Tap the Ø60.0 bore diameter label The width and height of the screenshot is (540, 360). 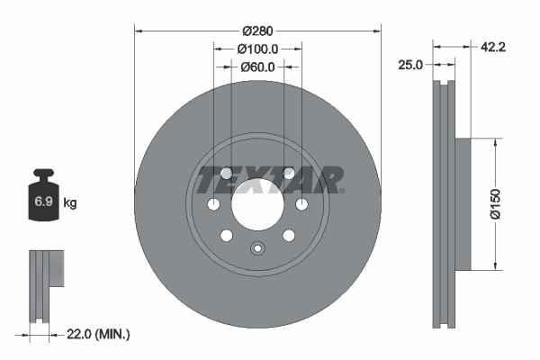point(257,66)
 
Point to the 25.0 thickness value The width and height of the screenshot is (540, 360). point(411,64)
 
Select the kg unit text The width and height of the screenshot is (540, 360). point(70,203)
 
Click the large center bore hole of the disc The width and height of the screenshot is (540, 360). point(257,204)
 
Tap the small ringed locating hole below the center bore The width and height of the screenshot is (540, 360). point(257,250)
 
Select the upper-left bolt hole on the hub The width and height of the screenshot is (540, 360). point(226,173)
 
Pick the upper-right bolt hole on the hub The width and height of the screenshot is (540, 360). point(289,173)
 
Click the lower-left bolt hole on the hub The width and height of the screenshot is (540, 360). point(226,236)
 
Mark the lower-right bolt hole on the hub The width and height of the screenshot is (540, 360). point(289,236)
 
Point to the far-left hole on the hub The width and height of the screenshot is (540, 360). point(213,205)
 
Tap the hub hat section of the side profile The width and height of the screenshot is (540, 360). point(463,203)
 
